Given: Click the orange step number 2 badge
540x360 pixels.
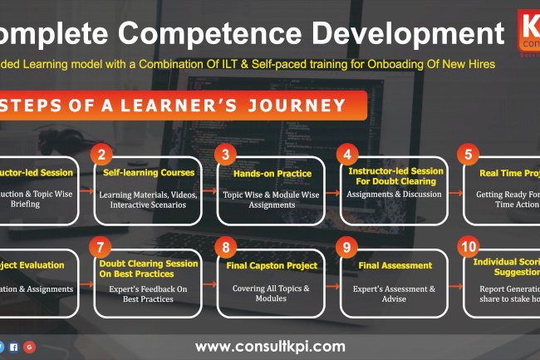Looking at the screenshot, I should [x=101, y=155].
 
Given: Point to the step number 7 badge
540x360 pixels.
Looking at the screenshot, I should [x=101, y=247].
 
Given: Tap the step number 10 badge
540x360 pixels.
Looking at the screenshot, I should [x=469, y=247].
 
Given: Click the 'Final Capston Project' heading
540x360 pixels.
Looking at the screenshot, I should [x=271, y=266].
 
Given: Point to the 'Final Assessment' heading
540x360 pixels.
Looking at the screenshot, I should [x=395, y=266].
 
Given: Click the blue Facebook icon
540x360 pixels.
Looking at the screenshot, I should [x=13, y=346].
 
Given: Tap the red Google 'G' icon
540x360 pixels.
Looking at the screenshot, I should [x=29, y=346].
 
